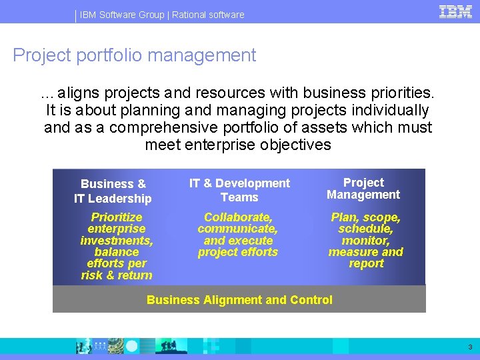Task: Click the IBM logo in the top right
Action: (x=455, y=12)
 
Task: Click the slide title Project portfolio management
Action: (x=134, y=55)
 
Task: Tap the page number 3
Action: (x=470, y=347)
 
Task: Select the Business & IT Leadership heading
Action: (x=113, y=191)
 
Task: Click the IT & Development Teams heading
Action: (x=239, y=190)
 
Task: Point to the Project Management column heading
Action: (x=363, y=189)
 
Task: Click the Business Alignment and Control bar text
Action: (x=239, y=300)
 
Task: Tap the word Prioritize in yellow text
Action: (x=117, y=217)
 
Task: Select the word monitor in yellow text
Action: (x=365, y=241)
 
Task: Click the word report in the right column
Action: (x=366, y=263)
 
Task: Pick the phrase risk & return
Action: (x=117, y=275)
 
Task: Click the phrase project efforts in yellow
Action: (x=237, y=252)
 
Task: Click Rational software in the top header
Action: (x=208, y=15)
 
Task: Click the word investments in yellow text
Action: (x=116, y=241)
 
